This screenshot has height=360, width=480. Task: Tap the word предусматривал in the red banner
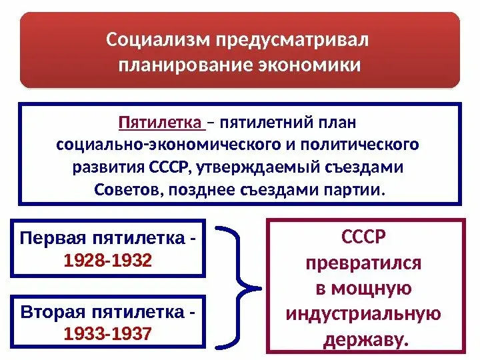(x=291, y=40)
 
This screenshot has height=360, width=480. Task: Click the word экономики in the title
(x=309, y=65)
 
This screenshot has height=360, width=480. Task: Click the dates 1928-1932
(x=108, y=259)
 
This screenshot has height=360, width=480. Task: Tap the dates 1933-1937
(x=108, y=332)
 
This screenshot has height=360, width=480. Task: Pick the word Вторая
(x=49, y=312)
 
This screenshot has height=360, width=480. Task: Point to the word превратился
(x=363, y=263)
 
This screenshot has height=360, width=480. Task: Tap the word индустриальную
(x=363, y=314)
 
